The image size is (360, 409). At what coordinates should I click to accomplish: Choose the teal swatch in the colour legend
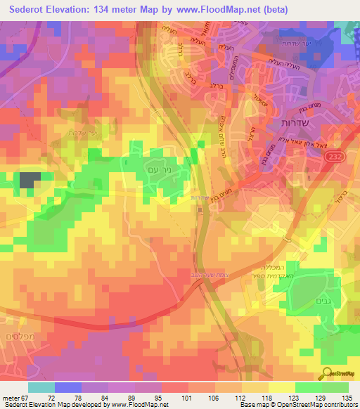click(x=41, y=387)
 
